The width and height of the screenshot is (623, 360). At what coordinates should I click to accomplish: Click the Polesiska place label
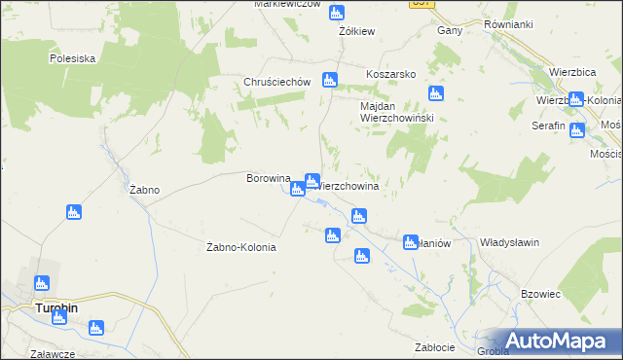(72, 58)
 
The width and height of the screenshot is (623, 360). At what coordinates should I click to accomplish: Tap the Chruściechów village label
(277, 83)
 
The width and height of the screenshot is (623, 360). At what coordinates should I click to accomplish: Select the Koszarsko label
(390, 74)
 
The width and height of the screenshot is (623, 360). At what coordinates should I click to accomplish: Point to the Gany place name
(449, 30)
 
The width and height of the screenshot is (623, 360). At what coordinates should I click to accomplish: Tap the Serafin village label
(548, 126)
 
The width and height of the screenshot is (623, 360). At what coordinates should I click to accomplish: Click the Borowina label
(269, 179)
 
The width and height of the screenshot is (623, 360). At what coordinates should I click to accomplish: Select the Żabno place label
(145, 191)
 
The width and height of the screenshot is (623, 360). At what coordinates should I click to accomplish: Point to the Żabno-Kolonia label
(242, 247)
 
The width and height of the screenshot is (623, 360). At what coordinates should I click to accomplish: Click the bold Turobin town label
(56, 307)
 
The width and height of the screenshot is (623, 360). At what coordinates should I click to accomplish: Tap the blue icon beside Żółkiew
(336, 13)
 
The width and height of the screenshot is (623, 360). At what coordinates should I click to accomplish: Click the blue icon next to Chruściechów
(330, 80)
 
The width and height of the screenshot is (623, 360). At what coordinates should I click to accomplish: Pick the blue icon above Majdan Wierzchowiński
(436, 93)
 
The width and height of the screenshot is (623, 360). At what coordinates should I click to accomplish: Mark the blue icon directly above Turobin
(41, 283)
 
